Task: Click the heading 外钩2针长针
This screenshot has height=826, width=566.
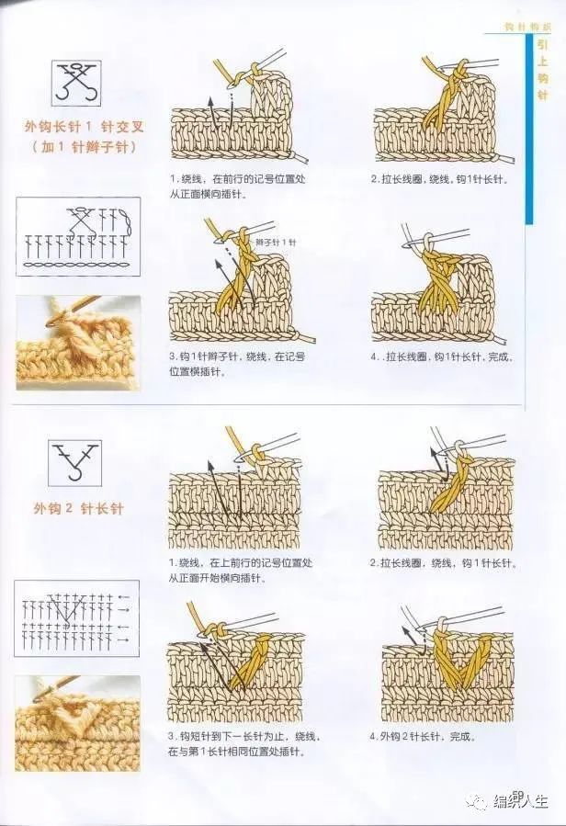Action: point(78,507)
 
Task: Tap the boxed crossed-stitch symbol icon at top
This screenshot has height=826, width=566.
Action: point(75,81)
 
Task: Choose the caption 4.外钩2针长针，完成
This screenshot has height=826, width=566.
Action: point(428,736)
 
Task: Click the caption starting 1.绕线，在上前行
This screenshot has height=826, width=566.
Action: point(240,570)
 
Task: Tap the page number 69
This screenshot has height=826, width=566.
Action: point(517,794)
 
